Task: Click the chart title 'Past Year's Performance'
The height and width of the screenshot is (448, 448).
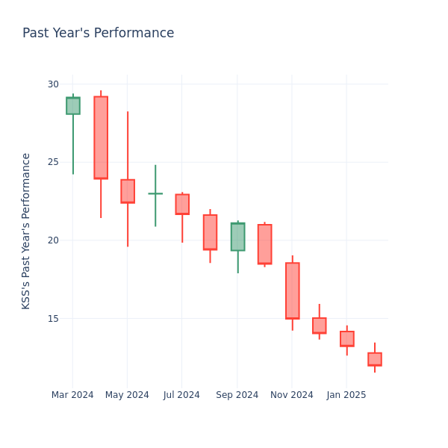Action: point(98,34)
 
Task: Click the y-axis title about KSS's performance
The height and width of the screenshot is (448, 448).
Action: point(27,231)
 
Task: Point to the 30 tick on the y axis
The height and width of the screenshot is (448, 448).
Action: point(53,84)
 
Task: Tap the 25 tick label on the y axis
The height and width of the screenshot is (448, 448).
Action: point(53,162)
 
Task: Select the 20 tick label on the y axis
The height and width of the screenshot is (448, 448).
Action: point(53,240)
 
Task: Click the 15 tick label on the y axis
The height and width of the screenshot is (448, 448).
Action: point(53,319)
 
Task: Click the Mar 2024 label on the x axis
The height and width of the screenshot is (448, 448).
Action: point(72,395)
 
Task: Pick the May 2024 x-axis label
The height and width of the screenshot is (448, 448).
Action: point(127,395)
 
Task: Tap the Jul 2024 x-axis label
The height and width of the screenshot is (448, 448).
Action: point(181,395)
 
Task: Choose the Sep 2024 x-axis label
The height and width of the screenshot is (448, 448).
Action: point(237,395)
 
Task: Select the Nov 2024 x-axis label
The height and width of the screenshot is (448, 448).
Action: point(292,395)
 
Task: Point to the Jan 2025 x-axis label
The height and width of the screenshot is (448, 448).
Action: point(346,395)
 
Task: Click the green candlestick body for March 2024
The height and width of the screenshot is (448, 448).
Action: point(73,105)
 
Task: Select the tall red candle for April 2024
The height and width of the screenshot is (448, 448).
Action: point(101,137)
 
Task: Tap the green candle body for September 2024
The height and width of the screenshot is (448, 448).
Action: point(237,237)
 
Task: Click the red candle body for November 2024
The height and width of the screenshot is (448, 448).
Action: point(292,290)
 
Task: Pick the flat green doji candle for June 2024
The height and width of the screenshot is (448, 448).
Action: point(155,193)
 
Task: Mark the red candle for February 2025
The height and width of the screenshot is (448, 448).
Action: point(374,359)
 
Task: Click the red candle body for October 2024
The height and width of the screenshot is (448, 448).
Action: point(264,244)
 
